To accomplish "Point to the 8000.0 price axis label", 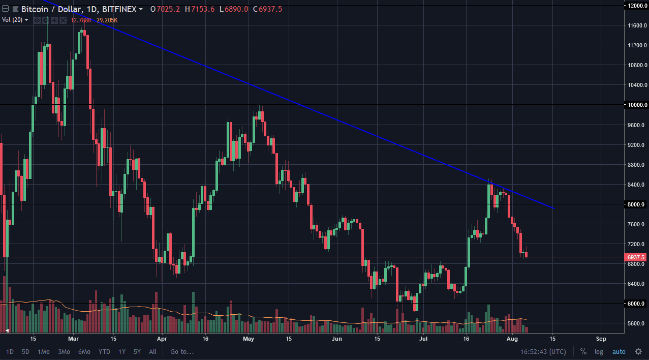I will [636, 204].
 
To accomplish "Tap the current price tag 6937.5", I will [636, 257].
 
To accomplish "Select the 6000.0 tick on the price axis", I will [636, 304].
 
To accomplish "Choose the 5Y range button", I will [137, 351].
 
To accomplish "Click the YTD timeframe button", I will [104, 351].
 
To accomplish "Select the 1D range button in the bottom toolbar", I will [10, 351].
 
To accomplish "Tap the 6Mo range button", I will [84, 351].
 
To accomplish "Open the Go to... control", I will [182, 351].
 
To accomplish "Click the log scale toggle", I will [599, 351].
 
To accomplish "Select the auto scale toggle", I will [619, 351].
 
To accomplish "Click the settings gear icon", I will [638, 351].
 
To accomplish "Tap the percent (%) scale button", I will [583, 351].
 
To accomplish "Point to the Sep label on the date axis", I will [601, 338].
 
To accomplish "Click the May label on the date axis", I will [249, 338].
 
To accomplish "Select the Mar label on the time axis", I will [74, 338].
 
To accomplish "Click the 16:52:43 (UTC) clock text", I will [543, 351].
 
